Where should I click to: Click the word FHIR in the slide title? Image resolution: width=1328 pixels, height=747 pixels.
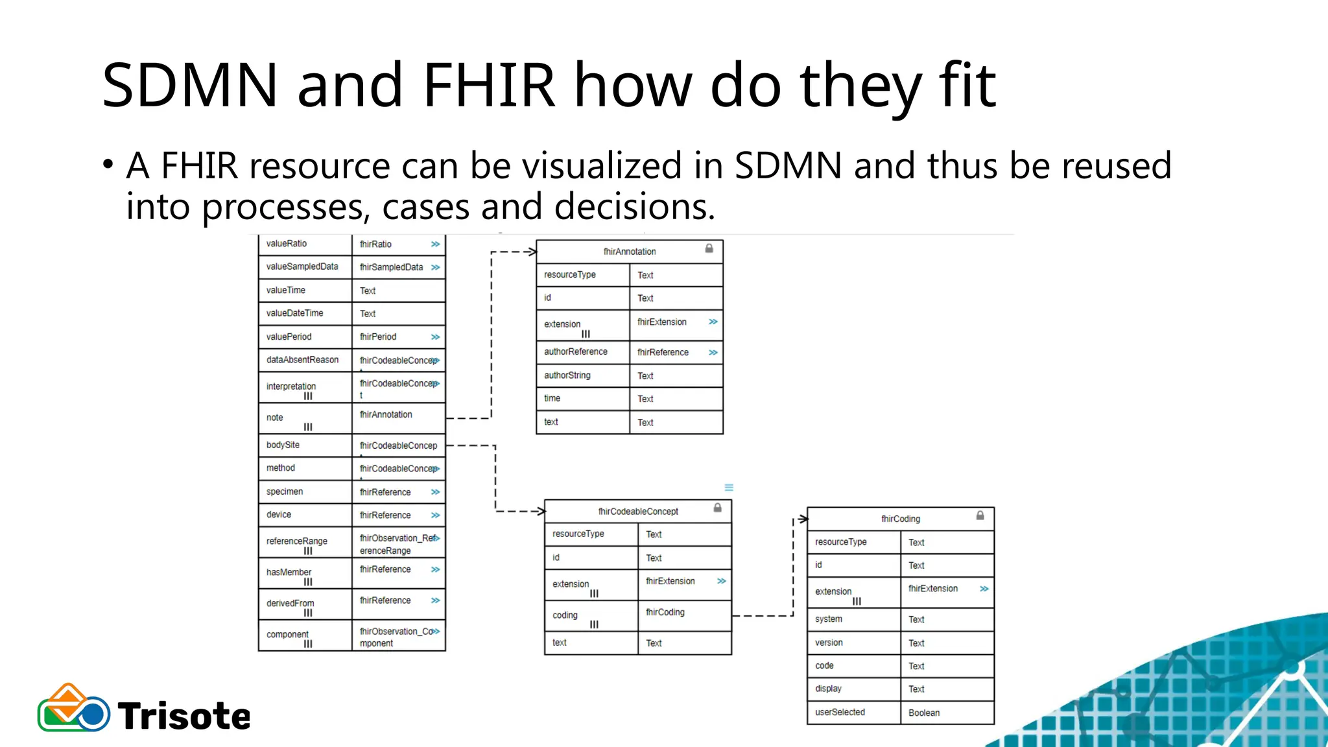click(489, 85)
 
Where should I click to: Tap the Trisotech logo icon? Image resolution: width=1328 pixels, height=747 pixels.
click(73, 709)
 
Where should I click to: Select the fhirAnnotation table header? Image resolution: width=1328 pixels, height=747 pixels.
click(629, 252)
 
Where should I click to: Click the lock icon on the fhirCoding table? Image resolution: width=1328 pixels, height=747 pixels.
click(980, 516)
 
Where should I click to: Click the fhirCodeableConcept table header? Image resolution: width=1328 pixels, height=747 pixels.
click(637, 511)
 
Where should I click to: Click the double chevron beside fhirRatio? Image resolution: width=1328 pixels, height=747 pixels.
click(435, 244)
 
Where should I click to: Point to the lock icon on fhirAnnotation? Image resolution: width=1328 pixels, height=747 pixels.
click(709, 248)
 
